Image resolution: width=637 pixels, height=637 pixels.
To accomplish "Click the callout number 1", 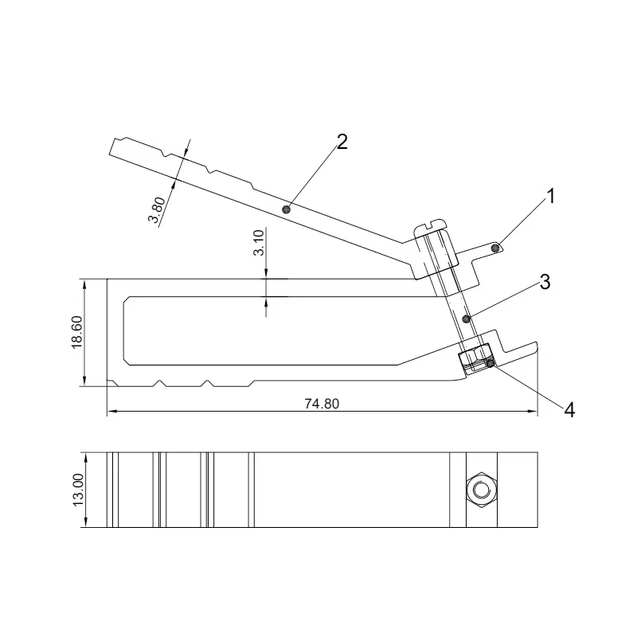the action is click(550, 197).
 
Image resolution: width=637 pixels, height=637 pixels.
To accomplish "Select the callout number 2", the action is click(342, 143).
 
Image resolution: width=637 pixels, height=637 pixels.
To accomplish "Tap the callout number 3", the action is click(545, 282).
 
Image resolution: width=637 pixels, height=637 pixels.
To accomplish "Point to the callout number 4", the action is click(569, 410).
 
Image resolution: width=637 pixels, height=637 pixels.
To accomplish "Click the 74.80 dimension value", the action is click(322, 404).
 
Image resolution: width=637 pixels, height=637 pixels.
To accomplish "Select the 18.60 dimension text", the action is click(76, 332).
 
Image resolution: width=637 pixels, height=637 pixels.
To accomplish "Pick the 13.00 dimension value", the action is click(77, 490).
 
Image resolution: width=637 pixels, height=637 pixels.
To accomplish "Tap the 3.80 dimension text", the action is click(157, 209).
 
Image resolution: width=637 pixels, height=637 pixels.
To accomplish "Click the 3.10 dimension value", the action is click(259, 243).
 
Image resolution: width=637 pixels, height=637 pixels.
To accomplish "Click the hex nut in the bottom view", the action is click(482, 490).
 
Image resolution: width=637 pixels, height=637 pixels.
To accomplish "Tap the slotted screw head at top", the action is click(430, 229).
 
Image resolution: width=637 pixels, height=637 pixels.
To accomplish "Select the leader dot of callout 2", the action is click(287, 209).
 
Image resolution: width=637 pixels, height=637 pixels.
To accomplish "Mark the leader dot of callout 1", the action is click(495, 248).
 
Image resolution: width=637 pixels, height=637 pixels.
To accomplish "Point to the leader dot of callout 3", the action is click(467, 319).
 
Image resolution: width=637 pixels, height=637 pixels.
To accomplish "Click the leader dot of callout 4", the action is click(490, 364).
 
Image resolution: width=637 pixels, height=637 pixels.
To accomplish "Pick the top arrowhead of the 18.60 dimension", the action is click(84, 284).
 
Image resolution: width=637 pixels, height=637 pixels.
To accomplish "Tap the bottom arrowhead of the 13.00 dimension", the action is click(86, 522).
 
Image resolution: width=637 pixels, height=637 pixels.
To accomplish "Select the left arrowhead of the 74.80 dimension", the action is click(112, 411).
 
